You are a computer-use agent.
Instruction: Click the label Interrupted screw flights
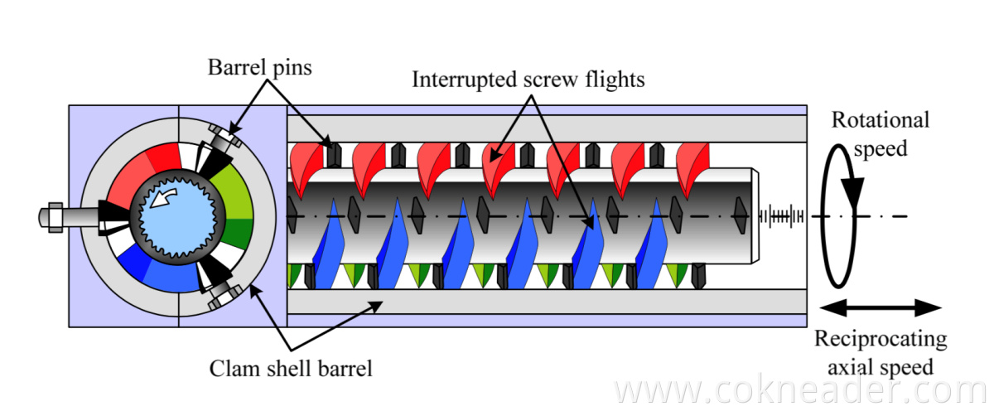pyautogui.click(x=528, y=80)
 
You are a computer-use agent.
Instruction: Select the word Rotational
pyautogui.click(x=880, y=120)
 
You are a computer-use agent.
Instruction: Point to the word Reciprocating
pyautogui.click(x=880, y=340)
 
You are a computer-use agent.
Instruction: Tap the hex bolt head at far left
pyautogui.click(x=50, y=216)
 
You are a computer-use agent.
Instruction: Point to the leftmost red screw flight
pyautogui.click(x=304, y=162)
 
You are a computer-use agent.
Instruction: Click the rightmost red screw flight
pyautogui.click(x=692, y=162)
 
